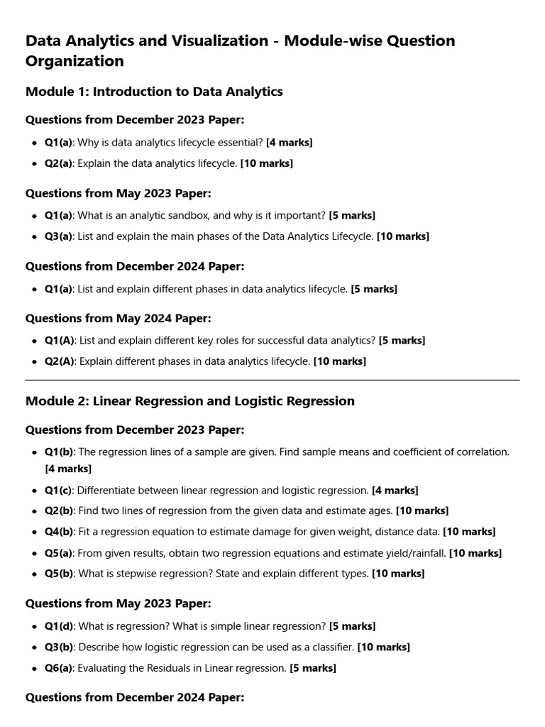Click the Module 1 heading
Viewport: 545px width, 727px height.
coord(154,92)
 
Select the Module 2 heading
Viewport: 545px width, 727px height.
coord(189,401)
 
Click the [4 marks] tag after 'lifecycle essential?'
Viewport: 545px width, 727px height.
coord(289,142)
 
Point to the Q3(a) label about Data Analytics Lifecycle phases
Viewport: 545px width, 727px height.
coord(58,236)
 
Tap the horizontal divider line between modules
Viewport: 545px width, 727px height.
coord(272,380)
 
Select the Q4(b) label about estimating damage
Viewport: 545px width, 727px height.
coord(58,531)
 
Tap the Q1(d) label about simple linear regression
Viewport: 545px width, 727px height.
coord(58,626)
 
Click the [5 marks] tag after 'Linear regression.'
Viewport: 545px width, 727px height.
coord(313,668)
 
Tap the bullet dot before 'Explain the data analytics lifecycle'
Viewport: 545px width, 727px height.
coord(34,163)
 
